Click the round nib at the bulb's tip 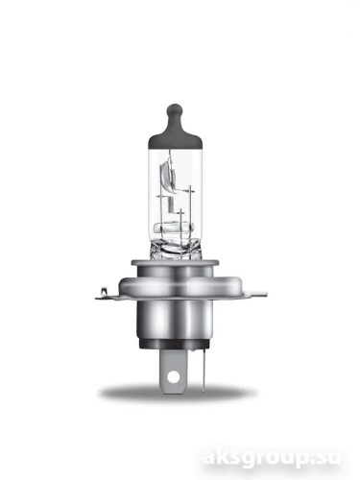click(180, 108)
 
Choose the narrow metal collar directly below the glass click(180, 257)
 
